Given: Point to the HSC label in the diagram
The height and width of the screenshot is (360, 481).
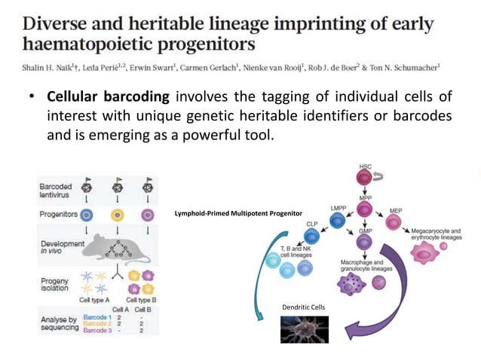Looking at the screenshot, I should (x=365, y=166).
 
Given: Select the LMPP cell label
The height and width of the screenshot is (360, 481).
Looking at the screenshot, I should (x=339, y=207).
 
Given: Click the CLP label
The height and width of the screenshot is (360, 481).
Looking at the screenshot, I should (x=312, y=224).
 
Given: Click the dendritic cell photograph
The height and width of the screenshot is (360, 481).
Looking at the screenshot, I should (x=304, y=328).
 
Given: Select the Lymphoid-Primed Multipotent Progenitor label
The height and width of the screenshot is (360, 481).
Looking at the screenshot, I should (x=237, y=214).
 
